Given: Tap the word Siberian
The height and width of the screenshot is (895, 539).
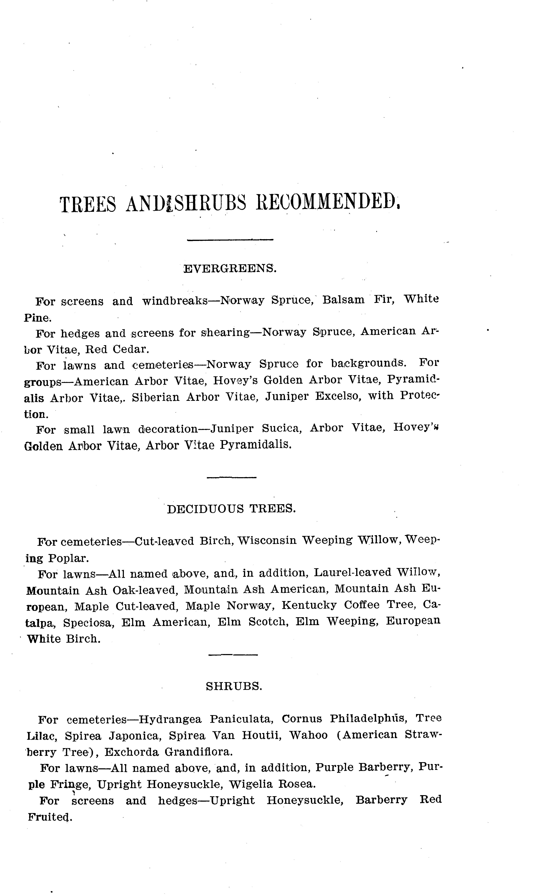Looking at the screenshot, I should (155, 397).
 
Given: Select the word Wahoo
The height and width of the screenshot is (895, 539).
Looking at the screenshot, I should (308, 735).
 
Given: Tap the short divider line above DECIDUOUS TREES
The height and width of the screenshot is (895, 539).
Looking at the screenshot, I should (231, 477).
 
